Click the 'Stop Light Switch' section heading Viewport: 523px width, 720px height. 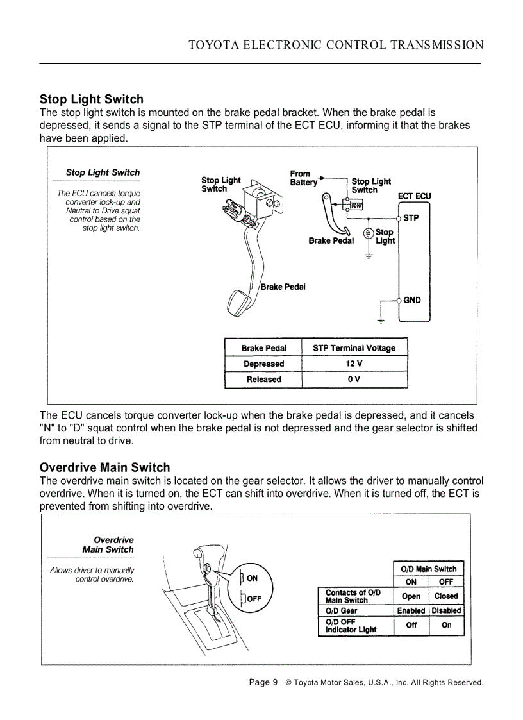(x=91, y=99)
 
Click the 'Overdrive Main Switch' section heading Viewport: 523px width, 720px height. (x=104, y=467)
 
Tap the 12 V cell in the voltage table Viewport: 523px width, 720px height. (x=354, y=364)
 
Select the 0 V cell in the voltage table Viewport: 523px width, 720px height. (x=354, y=379)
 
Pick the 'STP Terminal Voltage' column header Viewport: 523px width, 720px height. (x=354, y=348)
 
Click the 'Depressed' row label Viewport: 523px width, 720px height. (x=263, y=364)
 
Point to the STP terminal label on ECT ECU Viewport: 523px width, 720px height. (x=411, y=218)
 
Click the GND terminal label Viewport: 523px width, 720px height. (x=412, y=300)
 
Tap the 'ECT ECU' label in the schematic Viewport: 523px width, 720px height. (x=414, y=196)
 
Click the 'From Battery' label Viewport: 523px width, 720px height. (x=303, y=178)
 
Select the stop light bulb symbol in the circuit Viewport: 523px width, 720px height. (x=369, y=233)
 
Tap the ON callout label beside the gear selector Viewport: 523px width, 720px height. (x=252, y=578)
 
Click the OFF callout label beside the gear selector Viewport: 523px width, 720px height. (x=253, y=599)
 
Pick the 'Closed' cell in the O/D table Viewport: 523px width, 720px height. (x=446, y=596)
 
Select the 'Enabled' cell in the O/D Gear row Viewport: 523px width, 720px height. (x=411, y=611)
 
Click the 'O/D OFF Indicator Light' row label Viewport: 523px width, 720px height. (x=351, y=626)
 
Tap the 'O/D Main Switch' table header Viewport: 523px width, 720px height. (x=428, y=569)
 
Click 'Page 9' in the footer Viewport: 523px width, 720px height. (x=263, y=682)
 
